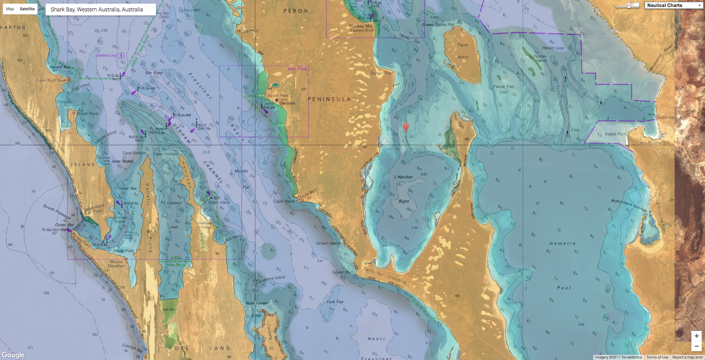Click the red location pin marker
click(x=406, y=127)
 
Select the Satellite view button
click(x=27, y=9)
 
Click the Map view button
click(x=10, y=9)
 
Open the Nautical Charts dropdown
click(x=674, y=5)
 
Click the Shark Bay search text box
click(x=100, y=9)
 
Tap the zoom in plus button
click(x=696, y=336)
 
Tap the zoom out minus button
click(x=696, y=346)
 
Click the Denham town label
click(x=287, y=103)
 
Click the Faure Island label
click(x=463, y=51)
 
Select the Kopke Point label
click(x=616, y=134)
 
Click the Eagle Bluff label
click(x=308, y=193)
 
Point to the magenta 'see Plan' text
click(x=297, y=69)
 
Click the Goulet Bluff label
click(x=343, y=272)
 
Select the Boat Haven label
click(x=256, y=303)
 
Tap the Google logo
click(x=13, y=355)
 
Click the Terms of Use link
click(x=657, y=357)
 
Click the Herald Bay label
click(x=60, y=67)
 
